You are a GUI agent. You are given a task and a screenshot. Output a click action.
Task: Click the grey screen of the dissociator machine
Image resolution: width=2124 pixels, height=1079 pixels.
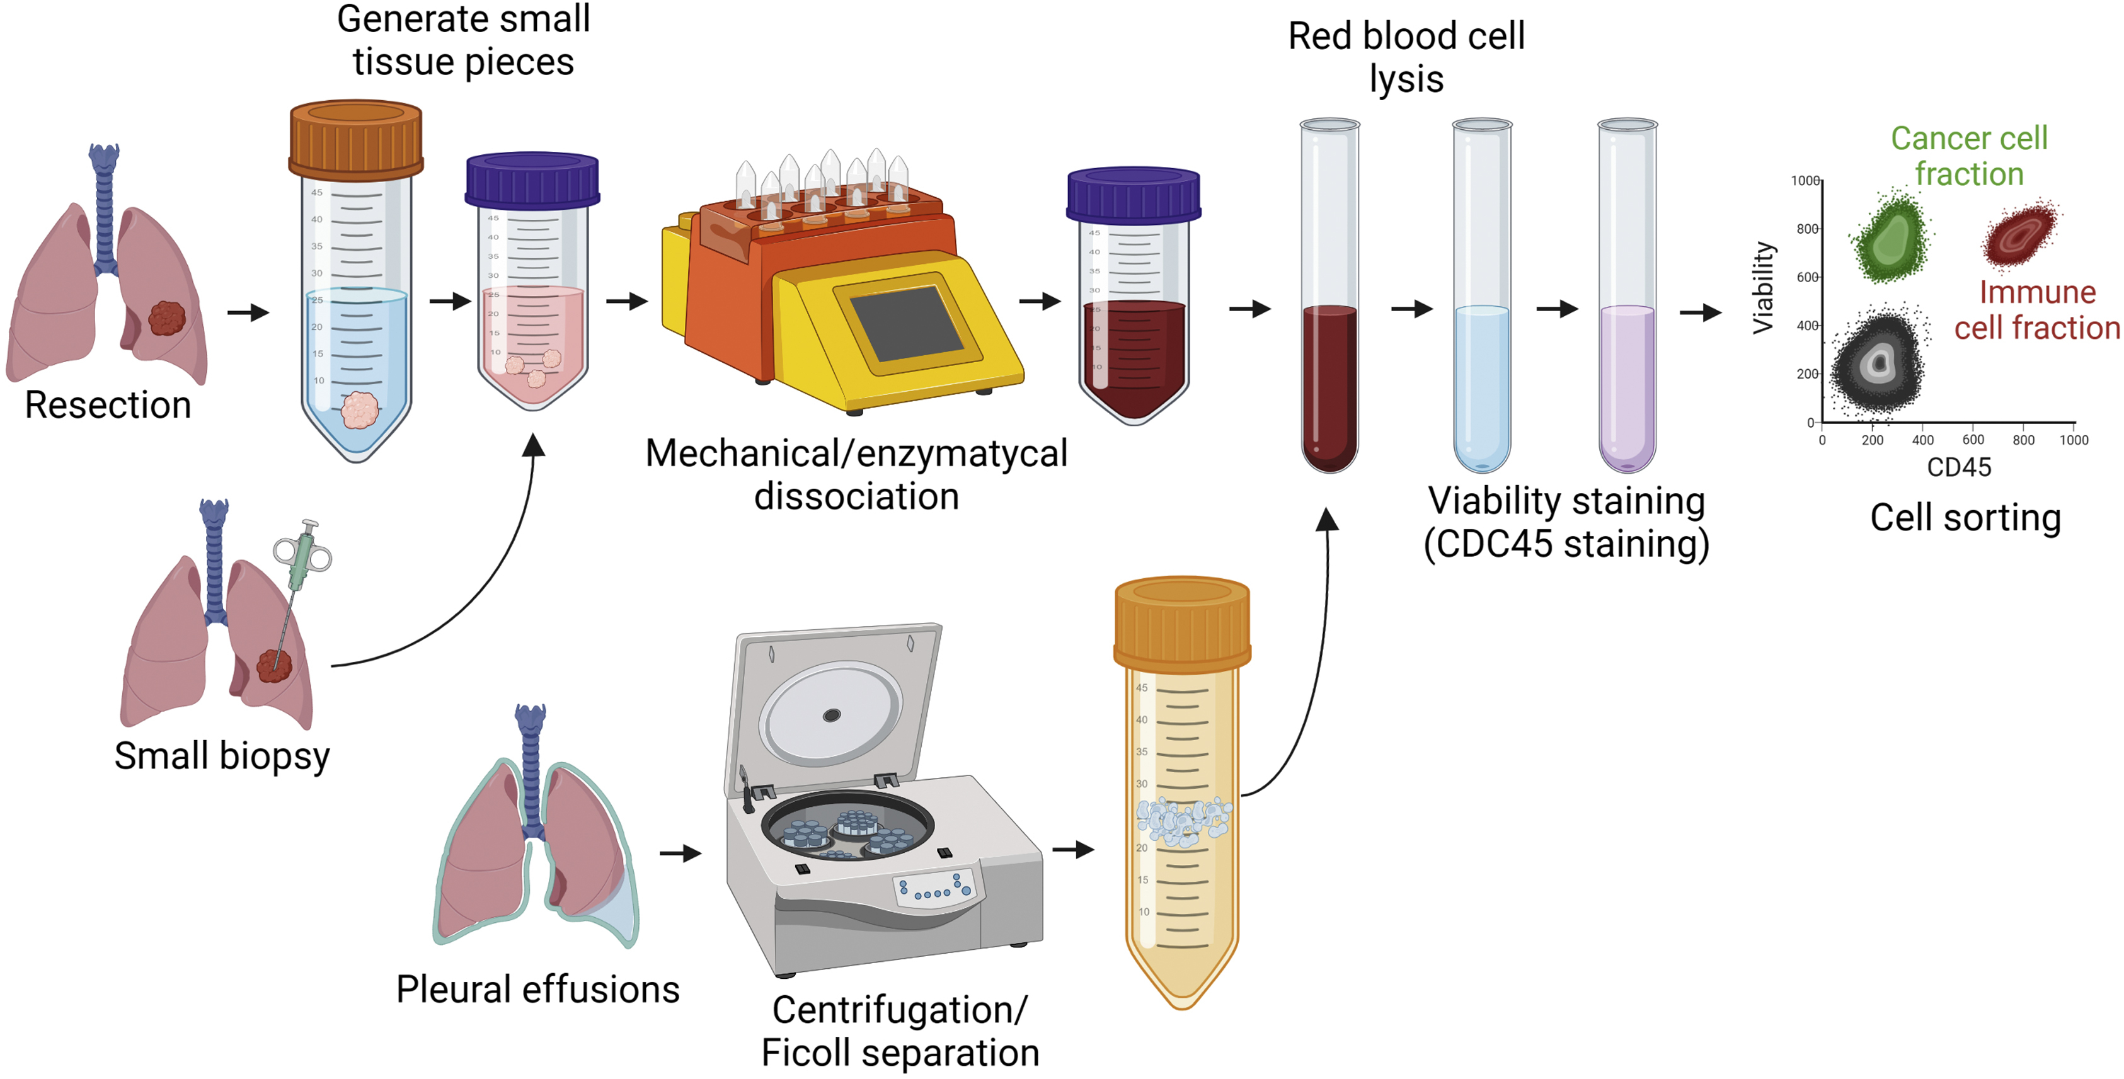tap(905, 323)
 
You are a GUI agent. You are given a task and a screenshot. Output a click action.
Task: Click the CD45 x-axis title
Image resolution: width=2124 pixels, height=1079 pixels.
tap(1958, 467)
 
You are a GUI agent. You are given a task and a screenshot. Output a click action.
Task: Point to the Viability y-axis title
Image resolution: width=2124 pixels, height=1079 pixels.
tap(1762, 288)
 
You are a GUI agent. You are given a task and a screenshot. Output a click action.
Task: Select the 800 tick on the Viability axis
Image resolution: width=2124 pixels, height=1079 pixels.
tap(1807, 229)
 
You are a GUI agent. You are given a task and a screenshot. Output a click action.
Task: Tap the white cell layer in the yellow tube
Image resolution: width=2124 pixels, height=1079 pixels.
tap(1183, 821)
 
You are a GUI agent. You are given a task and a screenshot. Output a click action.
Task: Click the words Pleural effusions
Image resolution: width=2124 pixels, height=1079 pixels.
tap(537, 989)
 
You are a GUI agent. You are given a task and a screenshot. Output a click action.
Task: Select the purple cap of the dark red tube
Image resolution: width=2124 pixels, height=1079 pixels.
tap(1133, 195)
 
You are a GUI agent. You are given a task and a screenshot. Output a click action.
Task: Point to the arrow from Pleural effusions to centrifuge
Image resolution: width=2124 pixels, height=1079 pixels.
tap(680, 853)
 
